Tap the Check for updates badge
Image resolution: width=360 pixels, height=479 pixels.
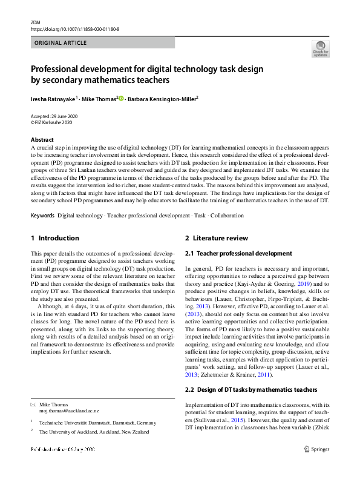[x=320, y=48]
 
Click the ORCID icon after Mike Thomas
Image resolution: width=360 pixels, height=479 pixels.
[x=122, y=98]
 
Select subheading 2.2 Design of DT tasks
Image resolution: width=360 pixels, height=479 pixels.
[x=250, y=389]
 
